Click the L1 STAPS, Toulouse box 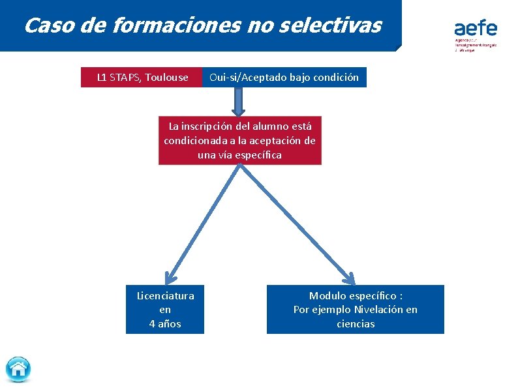coord(142,78)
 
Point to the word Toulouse coord(166,78)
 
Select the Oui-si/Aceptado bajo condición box coord(284,78)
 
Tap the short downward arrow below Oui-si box coord(239,102)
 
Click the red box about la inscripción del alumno coord(239,140)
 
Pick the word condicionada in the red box coord(194,141)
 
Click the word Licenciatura coord(165,295)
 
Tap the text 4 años coord(165,323)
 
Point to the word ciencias coord(356,324)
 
